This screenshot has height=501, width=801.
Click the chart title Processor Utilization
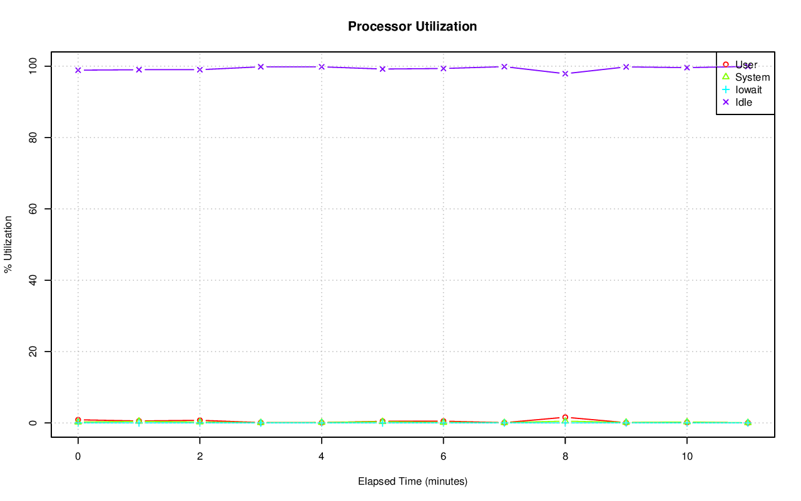coord(412,26)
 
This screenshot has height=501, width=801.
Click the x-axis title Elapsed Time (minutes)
coord(412,482)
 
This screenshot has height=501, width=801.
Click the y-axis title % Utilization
coord(8,244)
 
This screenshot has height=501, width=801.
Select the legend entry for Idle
coord(743,102)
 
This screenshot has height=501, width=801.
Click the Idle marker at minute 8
coord(565,74)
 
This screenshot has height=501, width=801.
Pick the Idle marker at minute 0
coord(78,70)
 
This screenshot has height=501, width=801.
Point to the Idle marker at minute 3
coord(260,66)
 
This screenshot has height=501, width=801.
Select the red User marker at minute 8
coord(565,417)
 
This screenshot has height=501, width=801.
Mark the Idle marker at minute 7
coord(504,66)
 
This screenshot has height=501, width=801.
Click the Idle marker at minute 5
coord(382,69)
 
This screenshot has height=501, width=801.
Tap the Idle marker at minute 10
coord(687,68)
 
